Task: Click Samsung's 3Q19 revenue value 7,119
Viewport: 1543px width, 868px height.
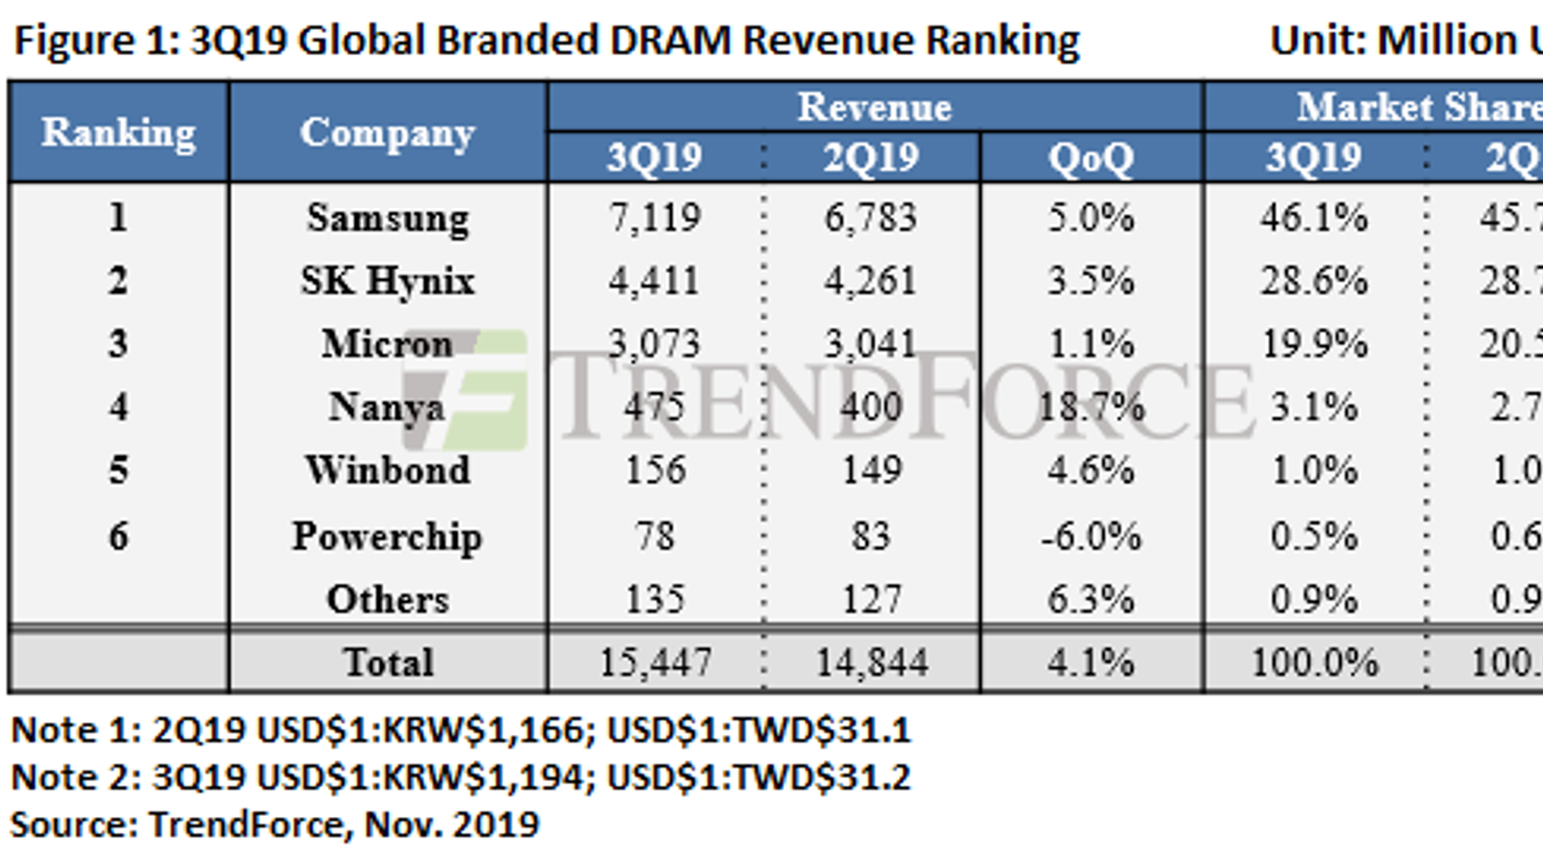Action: point(654,218)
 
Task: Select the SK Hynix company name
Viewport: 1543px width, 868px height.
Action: point(388,282)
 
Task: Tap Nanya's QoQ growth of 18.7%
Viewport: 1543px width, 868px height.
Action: point(1091,407)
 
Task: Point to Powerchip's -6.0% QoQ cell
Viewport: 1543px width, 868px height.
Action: point(1091,536)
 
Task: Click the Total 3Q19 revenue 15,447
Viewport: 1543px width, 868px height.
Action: point(655,663)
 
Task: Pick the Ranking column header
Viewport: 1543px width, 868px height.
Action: point(119,132)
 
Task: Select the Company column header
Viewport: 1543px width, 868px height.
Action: point(388,132)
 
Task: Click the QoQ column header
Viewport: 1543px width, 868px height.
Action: point(1091,157)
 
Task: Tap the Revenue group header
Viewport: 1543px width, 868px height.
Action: point(874,107)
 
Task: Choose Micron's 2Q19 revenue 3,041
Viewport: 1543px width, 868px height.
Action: point(870,344)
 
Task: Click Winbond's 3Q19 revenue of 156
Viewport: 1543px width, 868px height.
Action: point(655,471)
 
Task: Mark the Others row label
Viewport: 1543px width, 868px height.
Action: point(388,600)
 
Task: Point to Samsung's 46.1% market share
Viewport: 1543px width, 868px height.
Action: point(1313,218)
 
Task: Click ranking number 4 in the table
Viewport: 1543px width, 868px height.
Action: point(119,407)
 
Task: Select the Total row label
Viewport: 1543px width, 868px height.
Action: point(388,663)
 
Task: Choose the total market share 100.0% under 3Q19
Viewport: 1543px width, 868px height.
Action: point(1313,663)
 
